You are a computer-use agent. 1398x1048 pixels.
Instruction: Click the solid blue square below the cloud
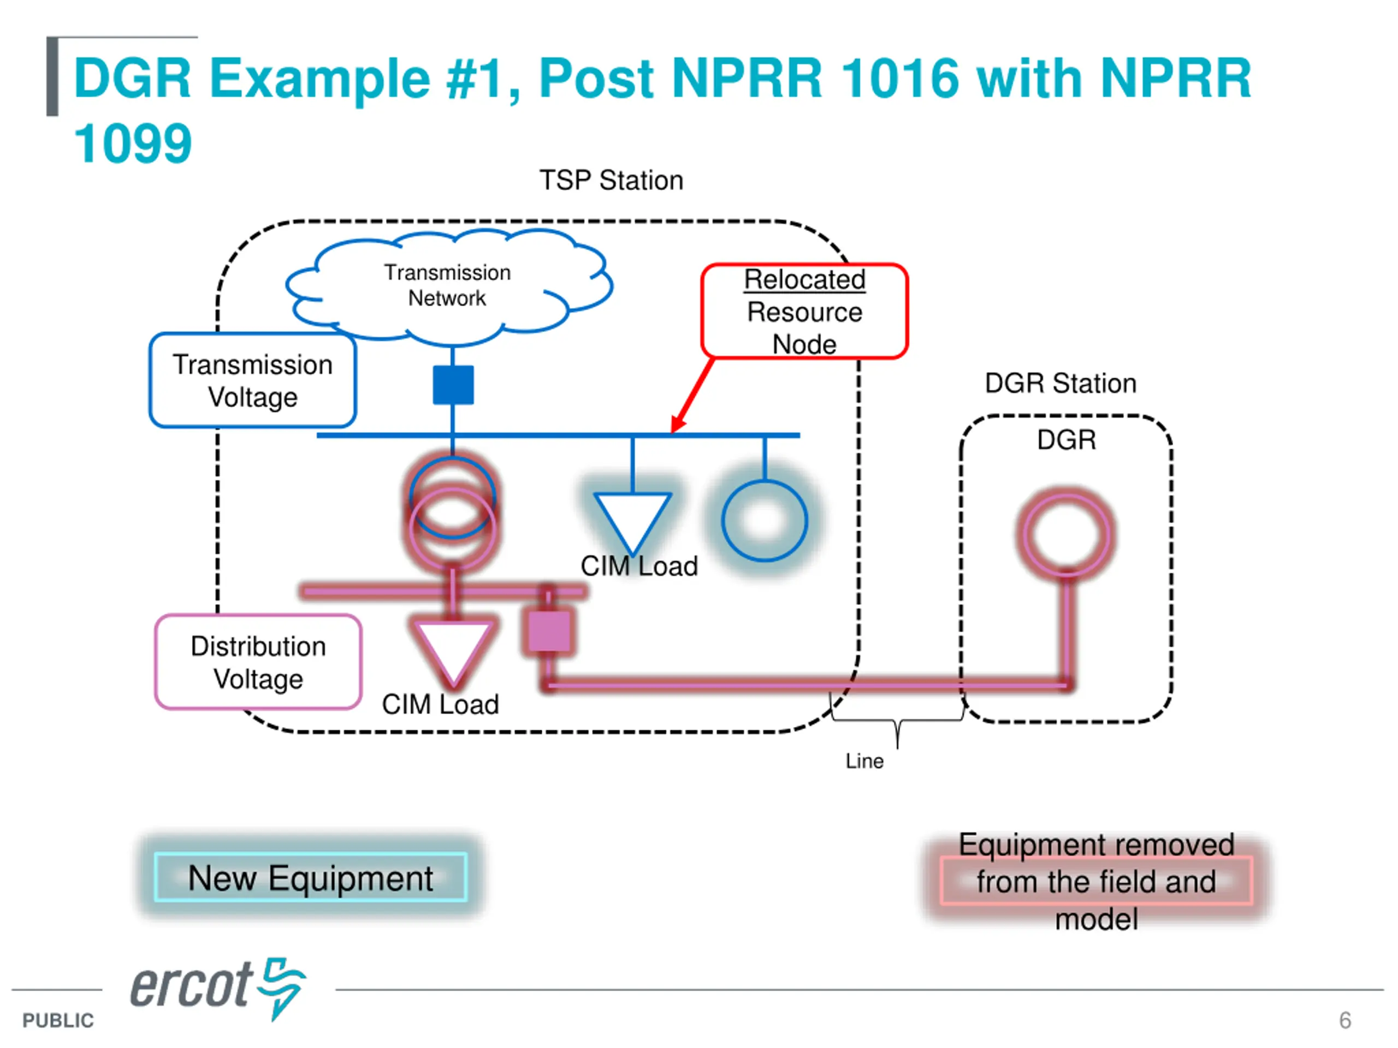point(453,385)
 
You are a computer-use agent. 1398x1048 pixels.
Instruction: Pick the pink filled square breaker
point(549,630)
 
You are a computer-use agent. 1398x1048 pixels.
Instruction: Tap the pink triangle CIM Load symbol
point(453,653)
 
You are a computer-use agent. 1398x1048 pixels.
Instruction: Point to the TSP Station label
point(611,181)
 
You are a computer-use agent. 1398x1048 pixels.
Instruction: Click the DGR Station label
point(1061,383)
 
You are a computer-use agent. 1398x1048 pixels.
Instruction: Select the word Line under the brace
point(864,761)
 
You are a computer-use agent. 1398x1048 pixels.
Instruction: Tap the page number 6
point(1345,1020)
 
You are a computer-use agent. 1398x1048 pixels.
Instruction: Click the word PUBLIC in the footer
point(58,1020)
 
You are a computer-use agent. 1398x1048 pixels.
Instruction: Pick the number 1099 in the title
point(133,144)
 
